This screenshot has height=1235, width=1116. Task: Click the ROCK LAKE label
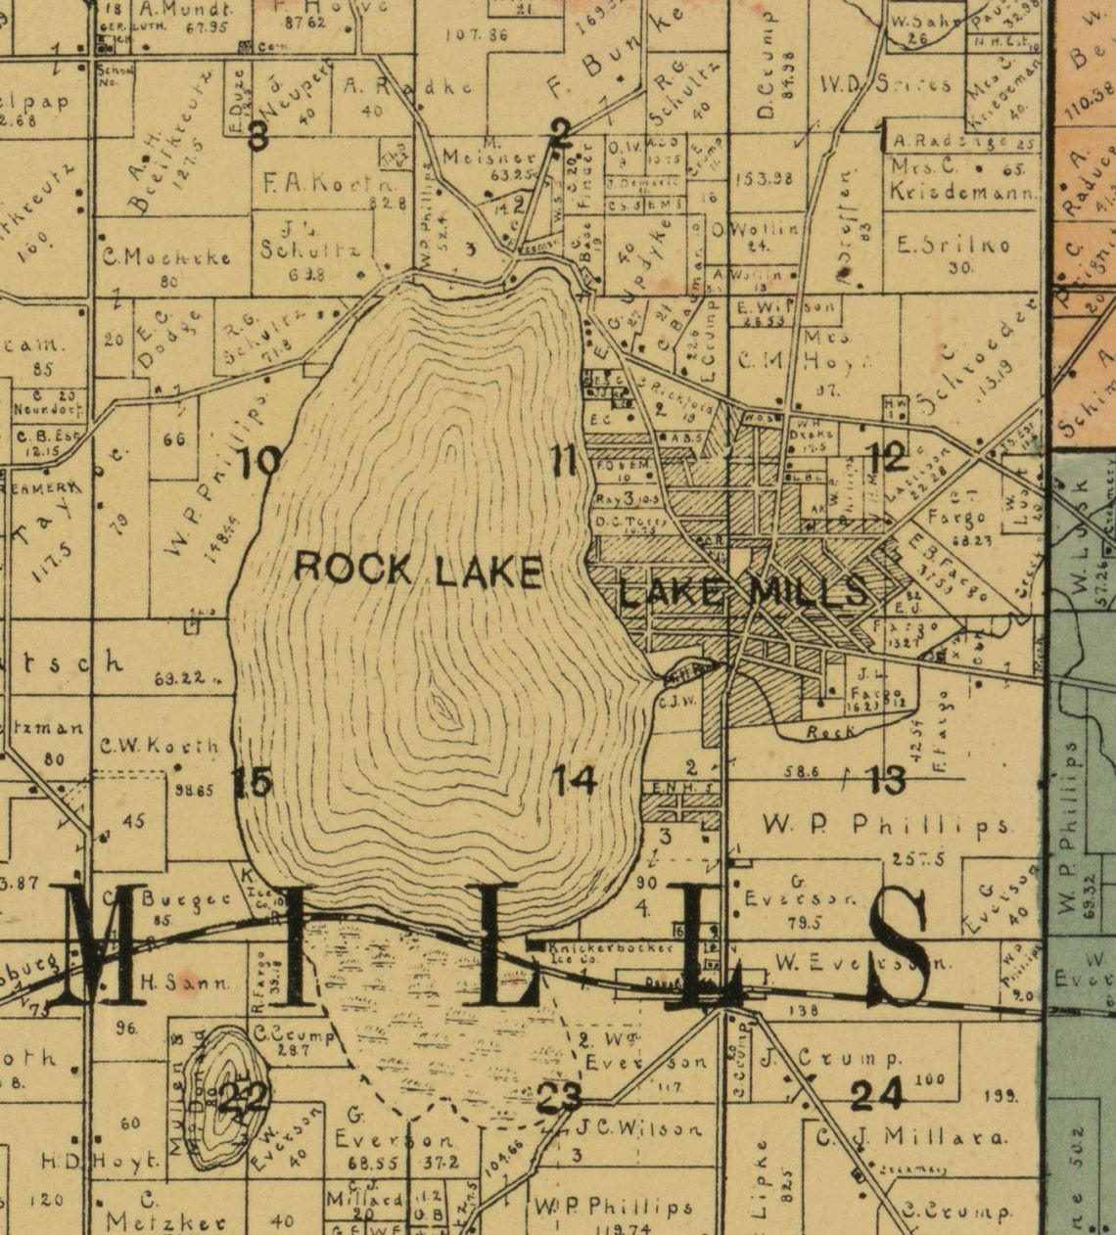[x=418, y=569]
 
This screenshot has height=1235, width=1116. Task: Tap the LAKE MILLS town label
[x=743, y=591]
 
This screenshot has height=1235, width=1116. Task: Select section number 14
[x=575, y=780]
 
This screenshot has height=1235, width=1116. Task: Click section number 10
[x=261, y=460]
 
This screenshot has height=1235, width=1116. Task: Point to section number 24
[x=876, y=1094]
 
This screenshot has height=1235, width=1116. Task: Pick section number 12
[x=888, y=456]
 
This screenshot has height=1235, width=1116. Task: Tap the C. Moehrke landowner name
[x=167, y=258]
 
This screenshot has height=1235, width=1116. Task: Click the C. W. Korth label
[x=160, y=746]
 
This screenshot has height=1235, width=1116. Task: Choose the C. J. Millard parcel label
[x=911, y=1137]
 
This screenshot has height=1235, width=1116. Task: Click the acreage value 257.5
[x=918, y=858]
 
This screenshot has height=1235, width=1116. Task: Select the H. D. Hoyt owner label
[x=99, y=1162]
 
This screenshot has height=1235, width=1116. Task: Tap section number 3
[x=257, y=136]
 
